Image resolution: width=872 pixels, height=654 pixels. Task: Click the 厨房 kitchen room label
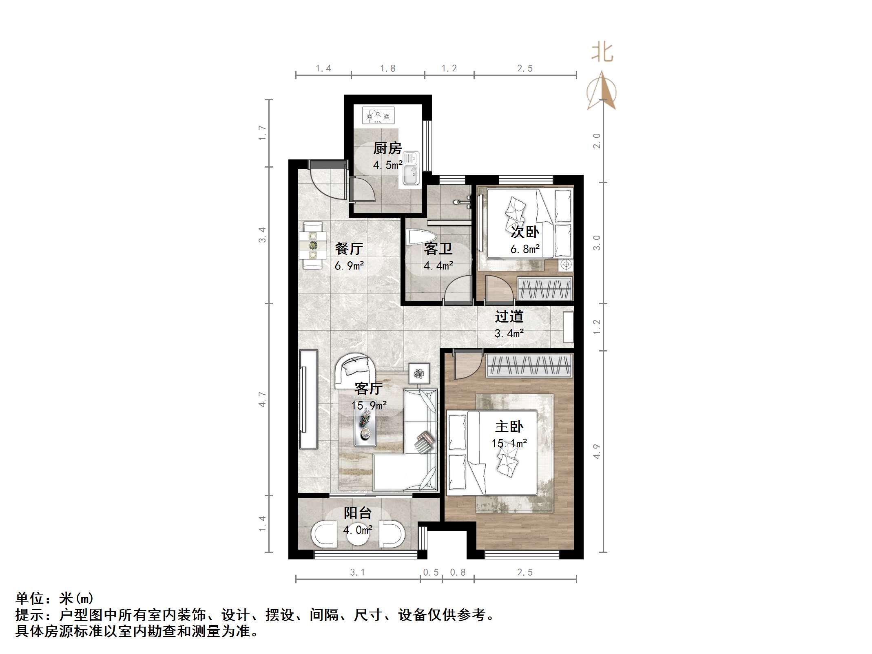pos(387,148)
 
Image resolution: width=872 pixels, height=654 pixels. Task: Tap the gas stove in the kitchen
pos(378,115)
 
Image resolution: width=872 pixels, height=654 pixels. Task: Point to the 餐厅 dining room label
pos(349,248)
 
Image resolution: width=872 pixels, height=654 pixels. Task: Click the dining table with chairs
pos(313,245)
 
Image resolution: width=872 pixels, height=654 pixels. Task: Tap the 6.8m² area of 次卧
pos(525,249)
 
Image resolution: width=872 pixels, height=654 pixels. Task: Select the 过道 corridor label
pos(509,316)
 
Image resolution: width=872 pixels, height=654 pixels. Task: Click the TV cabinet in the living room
pos(308,399)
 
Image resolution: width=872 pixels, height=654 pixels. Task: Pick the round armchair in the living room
pos(355,371)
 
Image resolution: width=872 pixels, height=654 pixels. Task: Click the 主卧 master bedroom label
pos(509,426)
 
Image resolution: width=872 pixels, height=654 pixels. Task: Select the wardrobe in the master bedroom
pos(529,366)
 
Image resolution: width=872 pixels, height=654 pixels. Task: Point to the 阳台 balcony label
pos(357,513)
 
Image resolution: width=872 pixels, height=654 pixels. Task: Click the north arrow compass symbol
pos(602,92)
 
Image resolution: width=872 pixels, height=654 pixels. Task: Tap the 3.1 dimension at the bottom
pos(357,572)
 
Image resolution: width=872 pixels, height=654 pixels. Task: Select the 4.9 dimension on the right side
pos(597,451)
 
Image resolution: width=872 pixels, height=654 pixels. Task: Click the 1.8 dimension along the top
pos(387,68)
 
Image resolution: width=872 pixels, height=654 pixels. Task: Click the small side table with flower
pos(419,373)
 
